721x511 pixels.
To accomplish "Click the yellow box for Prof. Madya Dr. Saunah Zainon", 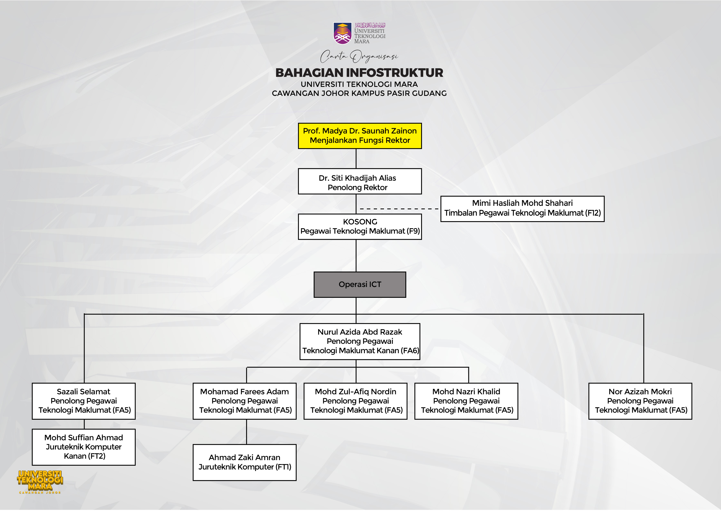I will (x=360, y=136).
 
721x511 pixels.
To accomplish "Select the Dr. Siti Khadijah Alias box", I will (x=360, y=181).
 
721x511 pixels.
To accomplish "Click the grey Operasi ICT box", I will (x=360, y=285).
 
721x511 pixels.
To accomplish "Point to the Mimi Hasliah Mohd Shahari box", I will (x=522, y=209).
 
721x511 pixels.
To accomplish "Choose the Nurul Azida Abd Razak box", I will (x=360, y=341).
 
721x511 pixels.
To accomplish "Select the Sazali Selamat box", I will (x=84, y=401).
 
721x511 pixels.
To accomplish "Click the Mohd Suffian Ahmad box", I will (x=84, y=447).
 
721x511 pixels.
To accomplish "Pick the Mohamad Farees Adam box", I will (x=245, y=401).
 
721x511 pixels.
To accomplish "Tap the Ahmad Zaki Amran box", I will (x=245, y=462).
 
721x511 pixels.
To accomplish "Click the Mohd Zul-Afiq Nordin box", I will (x=355, y=401).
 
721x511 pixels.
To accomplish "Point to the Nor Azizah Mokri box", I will (x=640, y=401).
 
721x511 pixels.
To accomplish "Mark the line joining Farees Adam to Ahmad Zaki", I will (x=247, y=432).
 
